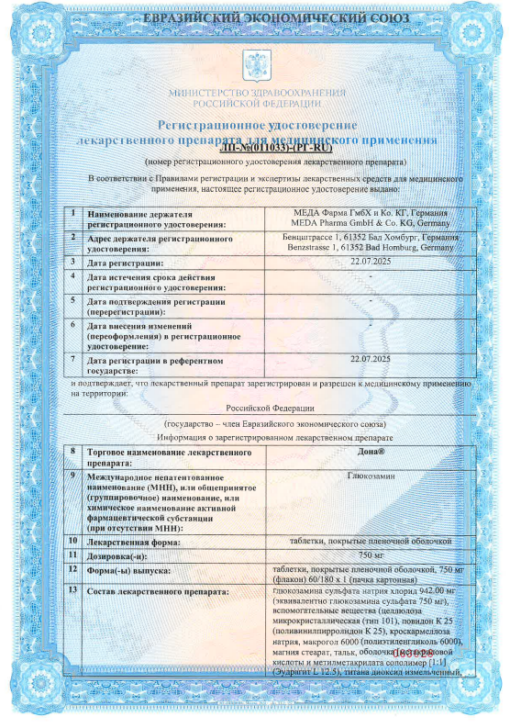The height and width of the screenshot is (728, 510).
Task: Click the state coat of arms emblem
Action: pos(254,62)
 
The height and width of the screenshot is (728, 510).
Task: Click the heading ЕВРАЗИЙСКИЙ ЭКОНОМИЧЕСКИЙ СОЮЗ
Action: pos(255,18)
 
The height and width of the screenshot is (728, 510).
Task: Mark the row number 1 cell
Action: pos(74,213)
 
